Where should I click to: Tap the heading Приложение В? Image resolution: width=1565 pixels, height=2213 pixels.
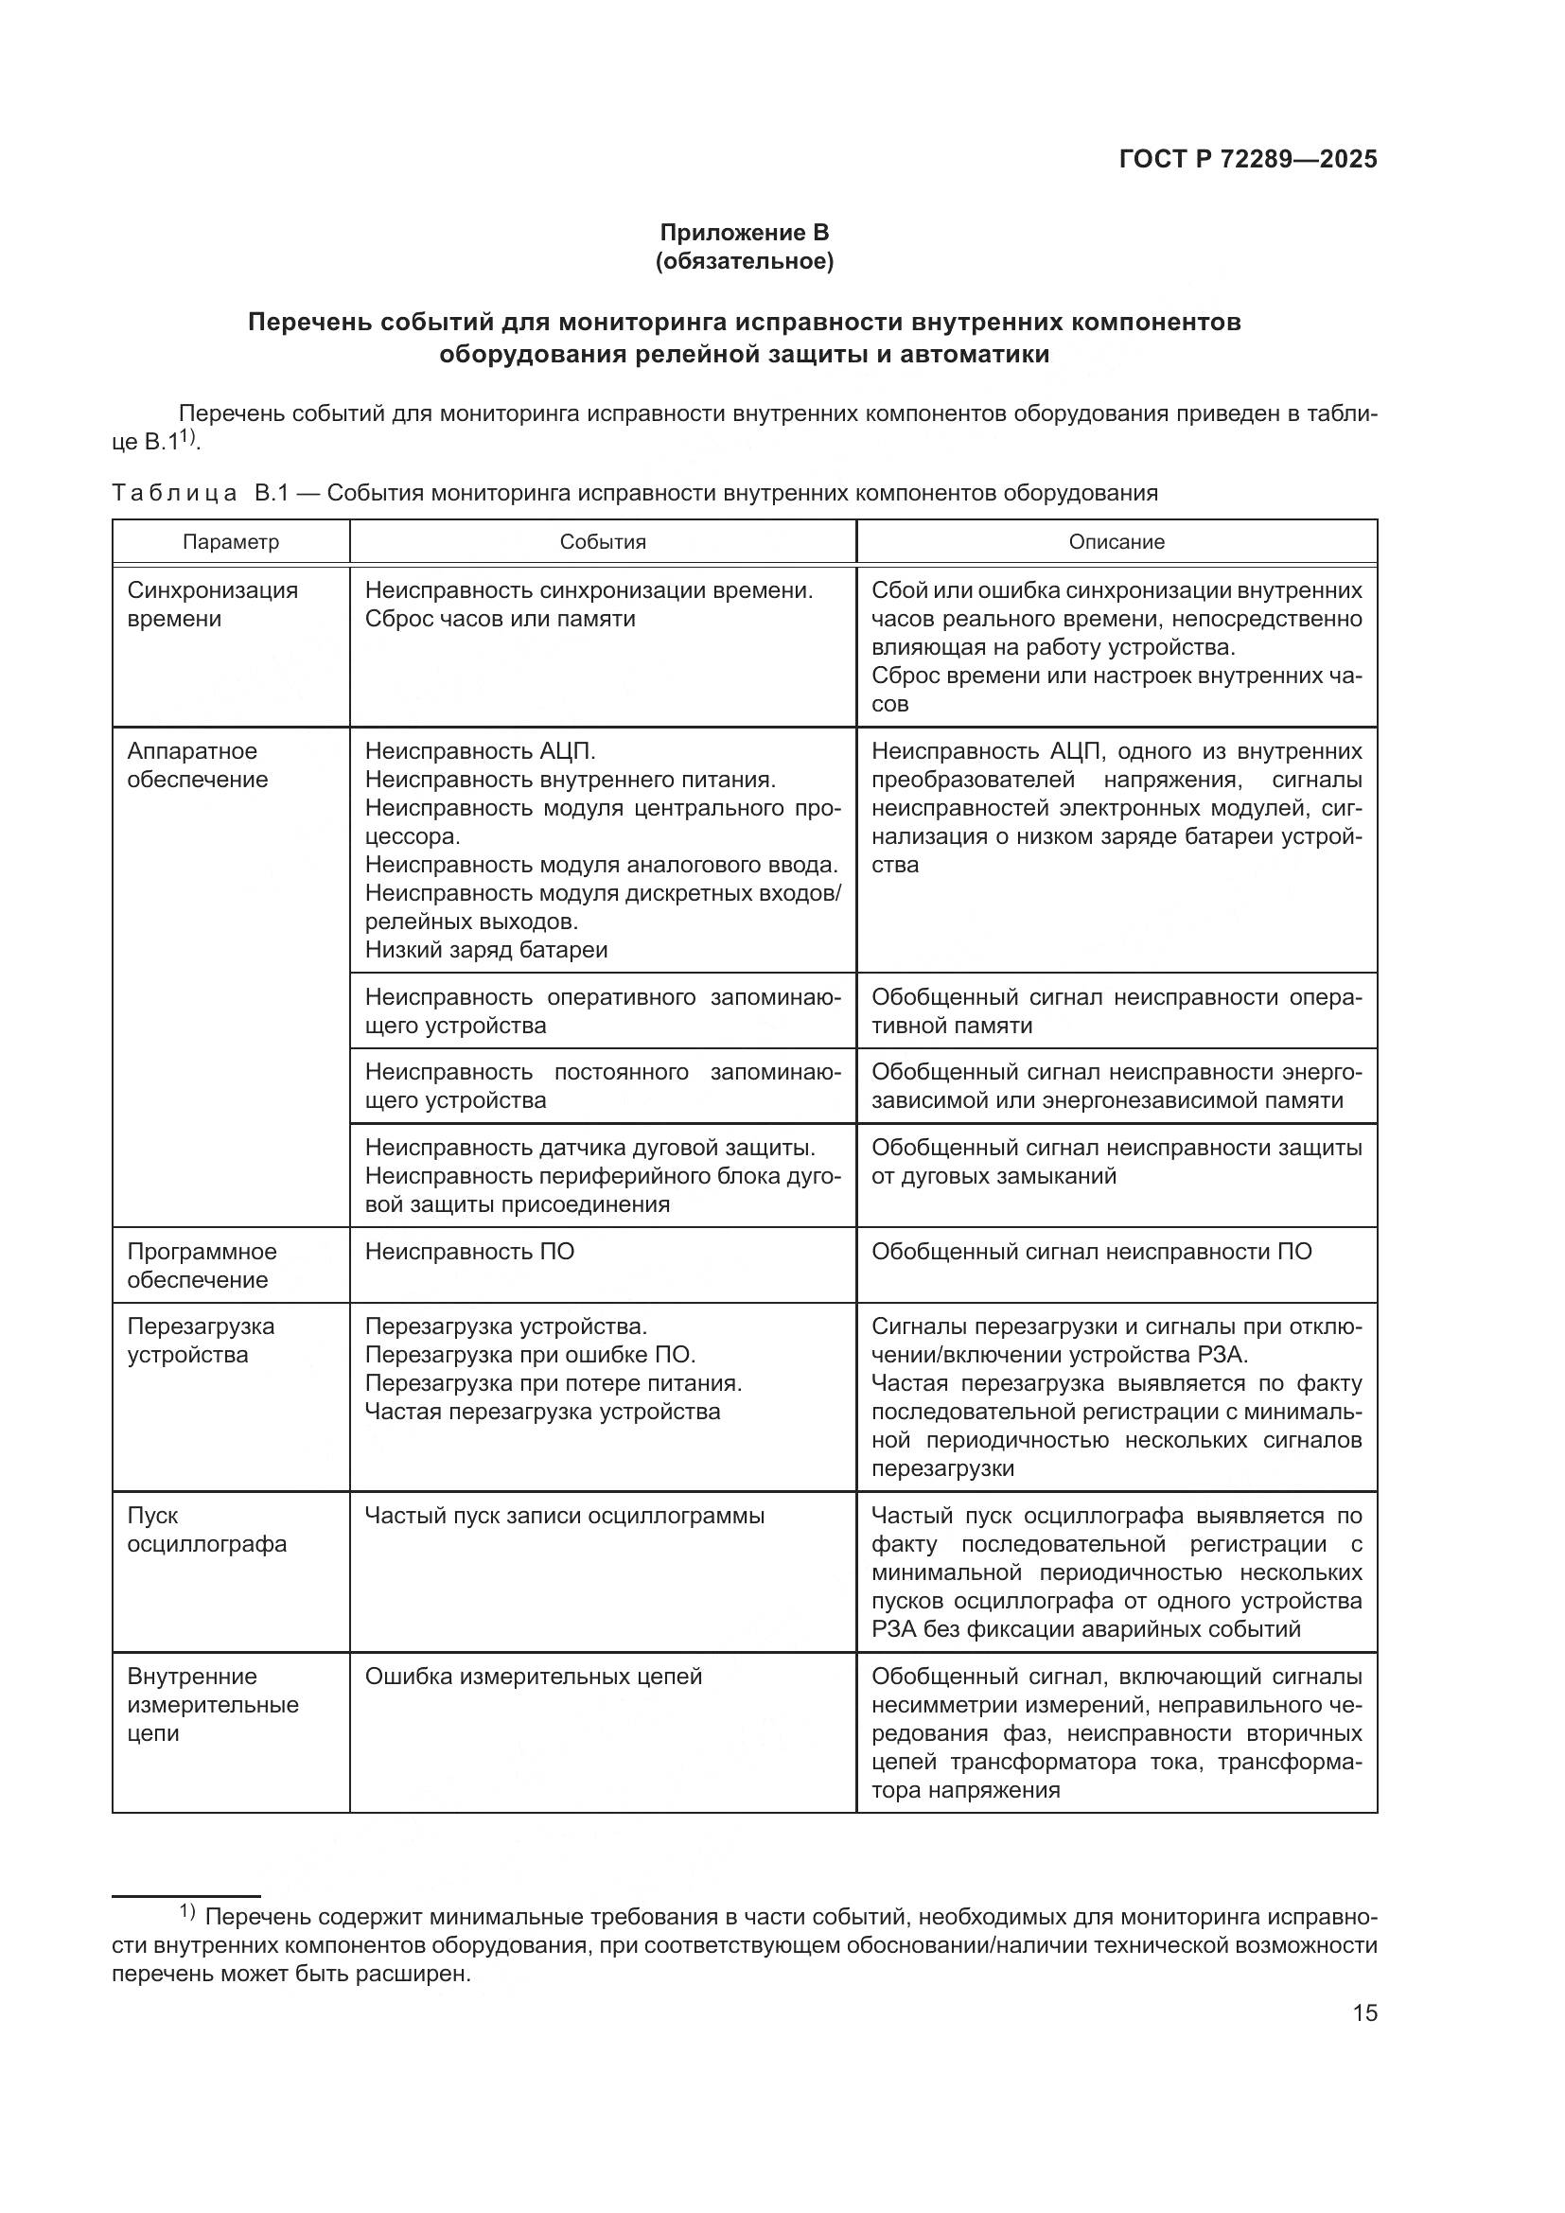(x=743, y=233)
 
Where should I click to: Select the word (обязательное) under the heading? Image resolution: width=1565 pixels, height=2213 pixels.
(x=743, y=261)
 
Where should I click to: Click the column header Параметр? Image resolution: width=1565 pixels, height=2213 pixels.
(x=230, y=542)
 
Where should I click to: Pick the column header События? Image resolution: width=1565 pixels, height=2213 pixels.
(x=603, y=542)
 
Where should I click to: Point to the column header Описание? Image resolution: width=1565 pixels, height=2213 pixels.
(x=1116, y=542)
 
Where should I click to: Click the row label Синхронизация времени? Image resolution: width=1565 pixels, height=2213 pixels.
(x=212, y=605)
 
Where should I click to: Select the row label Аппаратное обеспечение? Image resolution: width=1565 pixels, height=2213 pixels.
(x=197, y=765)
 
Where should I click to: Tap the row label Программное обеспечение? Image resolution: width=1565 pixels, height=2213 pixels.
(x=202, y=1266)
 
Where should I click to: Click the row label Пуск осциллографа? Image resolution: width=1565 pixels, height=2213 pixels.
(x=206, y=1530)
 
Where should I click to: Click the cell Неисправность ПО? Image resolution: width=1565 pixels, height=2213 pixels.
(x=469, y=1252)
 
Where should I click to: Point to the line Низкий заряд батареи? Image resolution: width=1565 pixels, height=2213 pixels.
(x=485, y=950)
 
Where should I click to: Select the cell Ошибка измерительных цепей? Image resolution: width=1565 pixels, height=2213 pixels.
(x=533, y=1677)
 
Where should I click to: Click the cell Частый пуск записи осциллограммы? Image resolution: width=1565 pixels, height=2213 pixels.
(x=564, y=1516)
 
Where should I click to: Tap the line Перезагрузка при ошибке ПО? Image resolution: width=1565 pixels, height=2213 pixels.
(x=529, y=1355)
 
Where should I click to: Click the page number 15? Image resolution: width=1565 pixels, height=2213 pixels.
(x=1364, y=2013)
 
